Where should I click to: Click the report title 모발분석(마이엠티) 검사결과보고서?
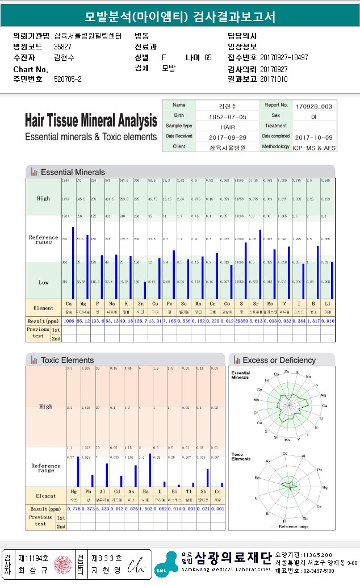click(x=179, y=17)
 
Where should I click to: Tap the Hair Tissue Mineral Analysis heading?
click(x=91, y=121)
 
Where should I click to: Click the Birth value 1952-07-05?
click(x=226, y=116)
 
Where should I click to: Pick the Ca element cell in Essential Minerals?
click(x=69, y=304)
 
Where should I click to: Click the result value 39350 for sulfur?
click(x=242, y=321)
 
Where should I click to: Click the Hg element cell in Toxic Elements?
click(x=73, y=491)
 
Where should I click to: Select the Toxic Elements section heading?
click(x=67, y=360)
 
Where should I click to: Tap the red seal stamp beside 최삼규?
click(x=60, y=564)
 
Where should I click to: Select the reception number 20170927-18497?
click(x=284, y=57)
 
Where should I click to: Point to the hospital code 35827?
click(x=62, y=47)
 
